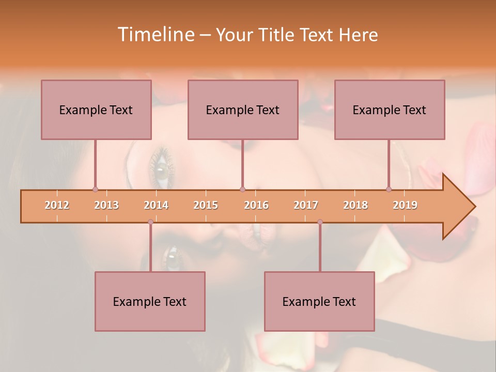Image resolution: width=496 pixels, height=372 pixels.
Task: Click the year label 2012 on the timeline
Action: pos(57,205)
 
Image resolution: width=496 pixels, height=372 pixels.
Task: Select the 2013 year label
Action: pos(106,205)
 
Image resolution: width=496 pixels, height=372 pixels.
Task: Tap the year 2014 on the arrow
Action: pos(156,205)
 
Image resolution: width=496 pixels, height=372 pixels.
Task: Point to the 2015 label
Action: pos(206,205)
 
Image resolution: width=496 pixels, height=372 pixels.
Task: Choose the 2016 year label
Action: pos(256,205)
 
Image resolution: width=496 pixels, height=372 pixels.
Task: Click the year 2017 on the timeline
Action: pos(306,205)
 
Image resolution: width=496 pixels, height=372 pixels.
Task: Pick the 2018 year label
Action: pos(355,205)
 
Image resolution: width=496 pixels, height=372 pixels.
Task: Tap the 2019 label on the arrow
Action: pos(405,205)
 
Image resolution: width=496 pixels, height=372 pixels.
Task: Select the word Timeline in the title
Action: pos(155,35)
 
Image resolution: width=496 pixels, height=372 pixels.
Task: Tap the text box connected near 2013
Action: pos(96,110)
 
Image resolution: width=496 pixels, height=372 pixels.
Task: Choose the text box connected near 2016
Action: pos(243,110)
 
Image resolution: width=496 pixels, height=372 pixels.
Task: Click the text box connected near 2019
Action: pos(390,110)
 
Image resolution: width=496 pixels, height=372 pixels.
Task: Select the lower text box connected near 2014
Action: pos(150,301)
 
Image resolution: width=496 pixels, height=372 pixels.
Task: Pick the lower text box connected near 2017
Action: pos(319,301)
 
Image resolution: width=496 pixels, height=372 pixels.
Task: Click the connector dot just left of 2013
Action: pos(95,189)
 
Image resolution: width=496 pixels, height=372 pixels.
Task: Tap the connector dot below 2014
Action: pos(150,222)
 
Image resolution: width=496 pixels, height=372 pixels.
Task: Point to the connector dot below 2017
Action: pos(320,222)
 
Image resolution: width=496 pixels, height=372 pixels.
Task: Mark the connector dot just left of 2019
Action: pos(389,189)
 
